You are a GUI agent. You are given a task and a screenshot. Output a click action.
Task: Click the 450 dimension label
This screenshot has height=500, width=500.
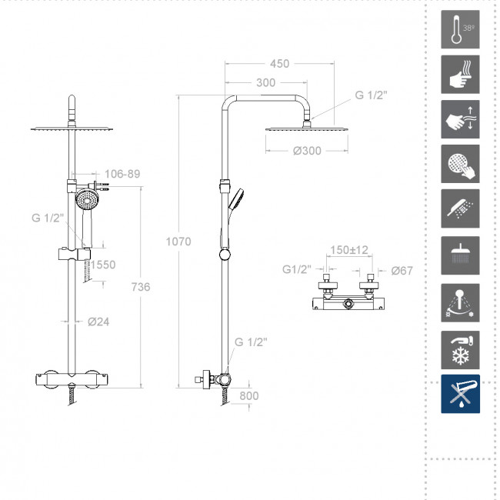[280, 64]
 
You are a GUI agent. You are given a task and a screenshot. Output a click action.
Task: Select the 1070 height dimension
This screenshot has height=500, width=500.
[178, 242]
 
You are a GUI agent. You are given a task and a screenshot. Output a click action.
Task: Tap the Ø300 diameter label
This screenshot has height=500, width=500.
[307, 151]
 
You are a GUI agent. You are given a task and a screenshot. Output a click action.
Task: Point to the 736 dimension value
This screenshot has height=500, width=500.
[141, 287]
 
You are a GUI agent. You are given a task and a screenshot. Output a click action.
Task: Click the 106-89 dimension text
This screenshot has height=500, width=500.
[122, 174]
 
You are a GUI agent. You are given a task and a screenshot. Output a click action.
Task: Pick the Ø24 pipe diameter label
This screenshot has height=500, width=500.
[98, 322]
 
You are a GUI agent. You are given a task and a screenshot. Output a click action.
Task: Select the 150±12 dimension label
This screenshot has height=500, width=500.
[349, 250]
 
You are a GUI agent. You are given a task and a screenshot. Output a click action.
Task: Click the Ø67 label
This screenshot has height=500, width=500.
[402, 271]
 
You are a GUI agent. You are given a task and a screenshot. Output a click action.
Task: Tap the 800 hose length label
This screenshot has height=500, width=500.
[249, 395]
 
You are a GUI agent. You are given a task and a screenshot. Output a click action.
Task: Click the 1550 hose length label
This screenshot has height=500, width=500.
[102, 265]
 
